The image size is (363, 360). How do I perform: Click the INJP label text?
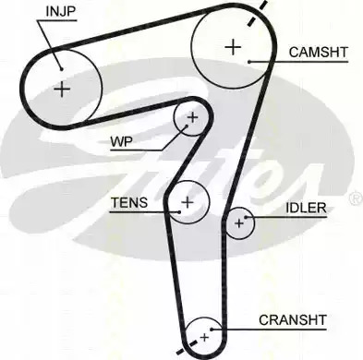click(x=61, y=11)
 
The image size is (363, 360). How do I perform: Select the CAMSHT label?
click(x=319, y=53)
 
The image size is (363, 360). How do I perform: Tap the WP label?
click(x=122, y=142)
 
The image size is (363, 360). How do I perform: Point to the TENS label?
click(x=129, y=202)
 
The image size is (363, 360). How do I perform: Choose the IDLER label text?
click(x=306, y=208)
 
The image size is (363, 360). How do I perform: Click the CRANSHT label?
click(x=293, y=320)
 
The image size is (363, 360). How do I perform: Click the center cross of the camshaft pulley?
click(x=233, y=47)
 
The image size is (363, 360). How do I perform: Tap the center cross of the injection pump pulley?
click(x=62, y=90)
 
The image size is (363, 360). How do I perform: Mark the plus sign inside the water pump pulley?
click(x=193, y=117)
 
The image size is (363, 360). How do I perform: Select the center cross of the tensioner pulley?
click(x=187, y=202)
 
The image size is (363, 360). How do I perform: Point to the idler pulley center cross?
click(x=239, y=223)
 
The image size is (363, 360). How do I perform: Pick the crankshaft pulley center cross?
click(x=204, y=338)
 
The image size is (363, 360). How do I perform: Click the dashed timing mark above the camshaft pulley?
click(x=257, y=14)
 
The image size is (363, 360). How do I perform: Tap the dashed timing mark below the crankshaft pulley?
click(x=187, y=347)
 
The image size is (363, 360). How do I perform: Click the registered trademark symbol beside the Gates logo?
click(x=357, y=199)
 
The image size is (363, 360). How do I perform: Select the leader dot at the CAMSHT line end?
click(x=249, y=62)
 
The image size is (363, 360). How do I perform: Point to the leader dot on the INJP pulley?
click(x=62, y=69)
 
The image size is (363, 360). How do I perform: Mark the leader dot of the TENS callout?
click(x=179, y=211)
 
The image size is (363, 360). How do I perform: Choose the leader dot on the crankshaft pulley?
click(x=212, y=330)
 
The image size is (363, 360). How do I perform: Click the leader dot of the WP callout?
click(x=187, y=126)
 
